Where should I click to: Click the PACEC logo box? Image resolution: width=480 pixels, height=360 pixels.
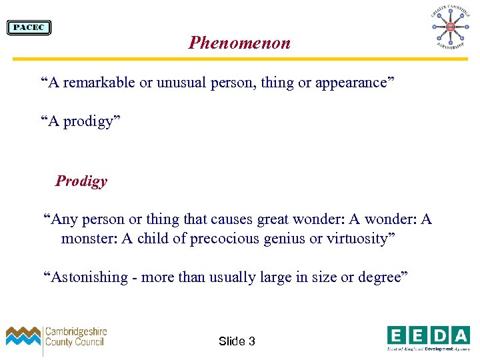(x=29, y=27)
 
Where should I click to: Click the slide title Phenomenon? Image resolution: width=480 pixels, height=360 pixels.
(x=239, y=43)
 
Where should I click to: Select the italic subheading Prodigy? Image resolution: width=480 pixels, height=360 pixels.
(x=81, y=181)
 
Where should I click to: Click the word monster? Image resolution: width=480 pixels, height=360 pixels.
(x=87, y=239)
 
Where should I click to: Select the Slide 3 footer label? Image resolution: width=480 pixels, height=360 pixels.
(x=237, y=341)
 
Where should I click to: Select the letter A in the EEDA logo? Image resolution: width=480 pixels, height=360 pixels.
(x=460, y=335)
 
